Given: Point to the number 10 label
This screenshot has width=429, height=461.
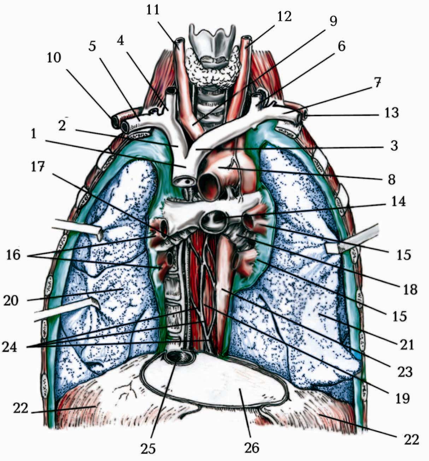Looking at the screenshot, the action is (x=54, y=58).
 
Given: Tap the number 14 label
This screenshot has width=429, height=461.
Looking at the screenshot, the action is (x=398, y=202).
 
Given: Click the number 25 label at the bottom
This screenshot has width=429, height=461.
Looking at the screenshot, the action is (x=148, y=448).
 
